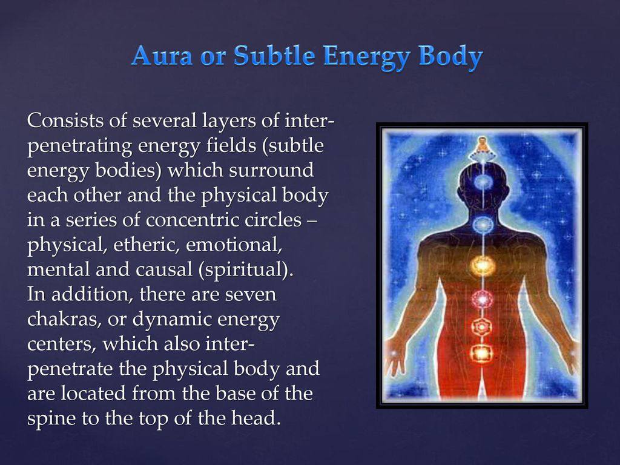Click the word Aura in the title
tap(162, 55)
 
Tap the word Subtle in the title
tap(274, 55)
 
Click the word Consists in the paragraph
tap(65, 120)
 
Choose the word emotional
tap(234, 245)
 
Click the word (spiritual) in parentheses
tap(246, 269)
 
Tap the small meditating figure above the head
tap(481, 146)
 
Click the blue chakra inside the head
tap(482, 182)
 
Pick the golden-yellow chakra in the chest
tap(481, 265)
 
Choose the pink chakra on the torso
tap(481, 299)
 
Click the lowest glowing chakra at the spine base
tap(481, 353)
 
